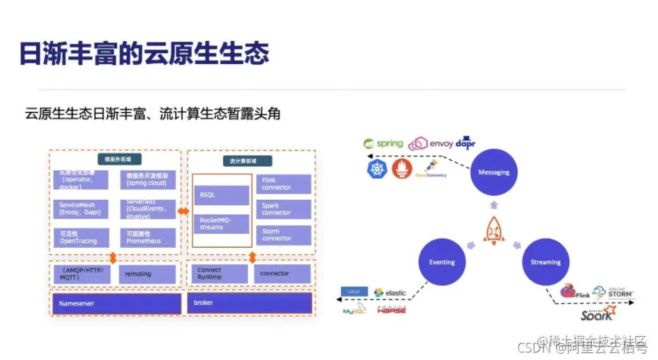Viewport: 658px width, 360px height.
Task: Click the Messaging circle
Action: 494,172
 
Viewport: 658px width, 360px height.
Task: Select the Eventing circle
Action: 442,262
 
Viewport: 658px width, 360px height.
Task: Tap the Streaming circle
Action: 545,262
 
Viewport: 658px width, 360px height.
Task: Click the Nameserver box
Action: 116,303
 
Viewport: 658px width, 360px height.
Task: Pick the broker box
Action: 250,303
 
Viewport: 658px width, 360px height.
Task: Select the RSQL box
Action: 221,195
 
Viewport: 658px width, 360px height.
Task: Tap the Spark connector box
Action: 284,209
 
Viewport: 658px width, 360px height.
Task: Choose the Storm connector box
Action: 284,235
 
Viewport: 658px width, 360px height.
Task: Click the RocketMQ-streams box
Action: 221,224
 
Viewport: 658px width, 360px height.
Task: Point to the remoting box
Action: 147,274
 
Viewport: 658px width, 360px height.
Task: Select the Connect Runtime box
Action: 218,274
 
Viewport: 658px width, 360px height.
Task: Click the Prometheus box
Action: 147,237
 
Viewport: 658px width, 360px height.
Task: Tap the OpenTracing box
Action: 82,237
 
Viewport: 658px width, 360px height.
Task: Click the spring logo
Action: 383,143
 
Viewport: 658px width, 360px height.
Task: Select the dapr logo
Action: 466,142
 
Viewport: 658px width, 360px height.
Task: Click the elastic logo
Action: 389,292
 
